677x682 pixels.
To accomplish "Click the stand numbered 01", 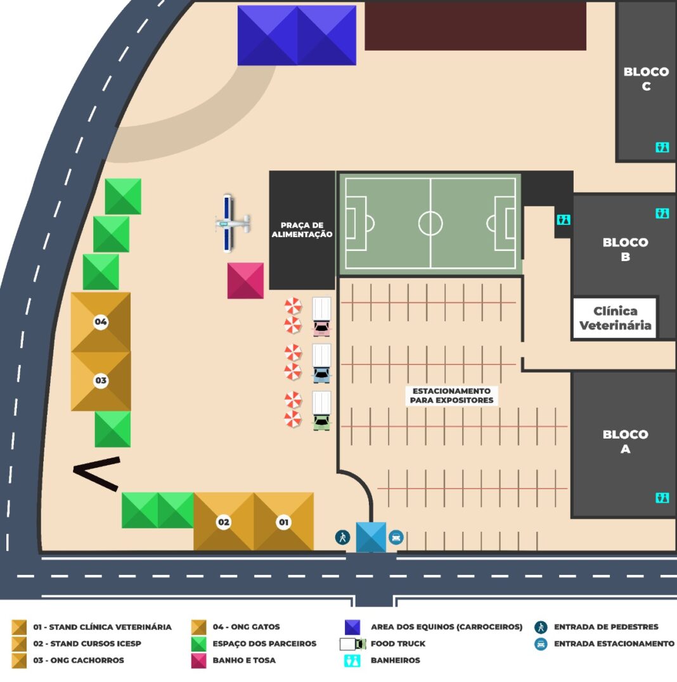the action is [x=284, y=522].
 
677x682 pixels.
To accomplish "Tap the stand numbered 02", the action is [x=224, y=522].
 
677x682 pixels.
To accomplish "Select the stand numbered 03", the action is [x=101, y=381].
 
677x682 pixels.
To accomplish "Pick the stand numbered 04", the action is [x=101, y=322].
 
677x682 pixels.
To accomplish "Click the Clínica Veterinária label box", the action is [x=614, y=318].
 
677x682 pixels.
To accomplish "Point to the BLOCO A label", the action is [x=625, y=442].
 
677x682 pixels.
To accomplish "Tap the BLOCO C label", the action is [x=646, y=79].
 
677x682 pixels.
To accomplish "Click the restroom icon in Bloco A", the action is [x=662, y=498].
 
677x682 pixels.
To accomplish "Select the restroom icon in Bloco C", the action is [x=662, y=148].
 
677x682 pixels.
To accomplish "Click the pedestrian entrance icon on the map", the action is [x=342, y=537].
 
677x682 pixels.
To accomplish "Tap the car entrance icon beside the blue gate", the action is [x=396, y=537].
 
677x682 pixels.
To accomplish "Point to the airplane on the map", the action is [x=232, y=224].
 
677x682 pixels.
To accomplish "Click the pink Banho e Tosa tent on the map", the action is [x=245, y=281].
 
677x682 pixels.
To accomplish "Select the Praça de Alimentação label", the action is [x=302, y=229].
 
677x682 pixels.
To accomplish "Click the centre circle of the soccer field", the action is [x=430, y=223].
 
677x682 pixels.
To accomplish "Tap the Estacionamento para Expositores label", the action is [x=451, y=396].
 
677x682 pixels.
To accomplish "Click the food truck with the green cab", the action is [x=321, y=411].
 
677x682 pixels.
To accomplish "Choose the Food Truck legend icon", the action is [x=352, y=644].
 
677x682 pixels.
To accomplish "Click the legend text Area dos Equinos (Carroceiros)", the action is [x=446, y=627].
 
